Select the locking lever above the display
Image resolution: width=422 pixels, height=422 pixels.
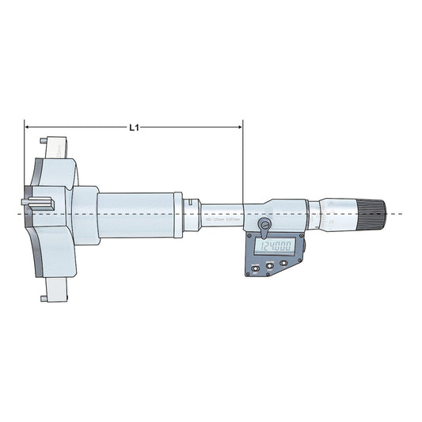coord(264,228)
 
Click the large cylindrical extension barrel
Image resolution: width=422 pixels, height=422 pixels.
coord(135,214)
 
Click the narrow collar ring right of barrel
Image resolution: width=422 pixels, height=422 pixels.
coord(178,214)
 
